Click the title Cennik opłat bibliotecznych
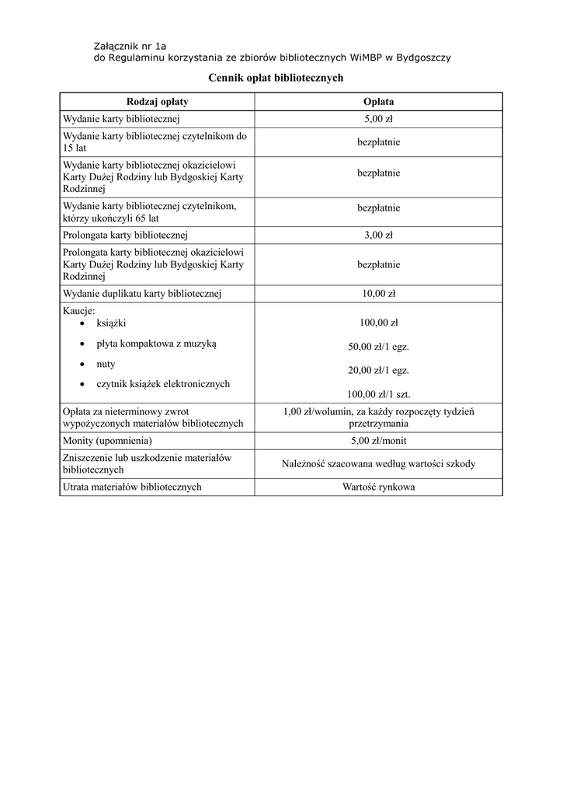coord(276,79)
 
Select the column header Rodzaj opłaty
coord(157,102)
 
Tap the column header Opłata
coord(378,102)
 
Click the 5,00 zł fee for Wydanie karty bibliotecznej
coord(378,119)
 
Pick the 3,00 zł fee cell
coord(378,235)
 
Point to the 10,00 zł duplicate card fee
coord(378,294)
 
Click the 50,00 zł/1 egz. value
coord(378,347)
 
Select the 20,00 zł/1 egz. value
coord(378,370)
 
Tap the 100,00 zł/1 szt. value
coord(378,393)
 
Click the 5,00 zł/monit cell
coord(378,440)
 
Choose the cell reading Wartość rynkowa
coord(378,487)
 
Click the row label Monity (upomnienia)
coord(106,440)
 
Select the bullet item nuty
coord(106,364)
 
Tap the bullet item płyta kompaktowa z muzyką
coord(157,344)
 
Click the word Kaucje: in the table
coord(78,310)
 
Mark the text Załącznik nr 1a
coord(124,46)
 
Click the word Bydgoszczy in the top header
coord(423,58)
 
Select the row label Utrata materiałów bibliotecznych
coord(132,487)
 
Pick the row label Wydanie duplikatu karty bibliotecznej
coord(142,294)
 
